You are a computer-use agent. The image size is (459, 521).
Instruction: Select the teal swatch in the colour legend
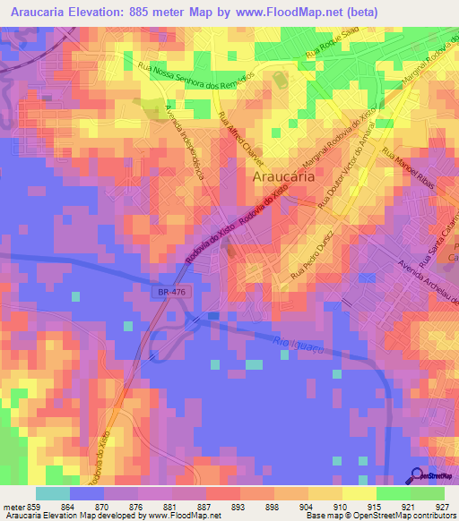point(53,492)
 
